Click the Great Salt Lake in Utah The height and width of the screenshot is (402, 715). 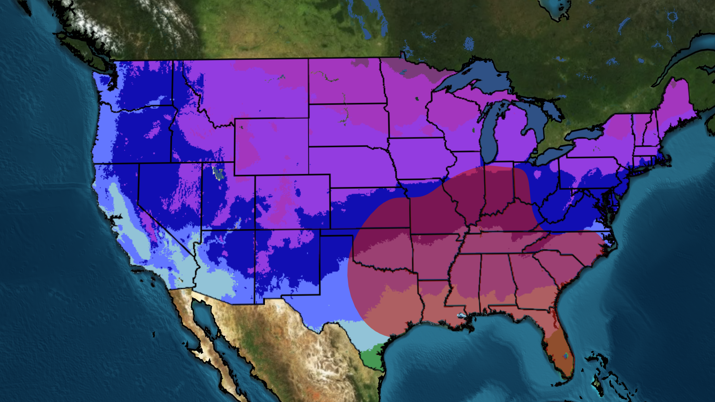pyautogui.click(x=218, y=173)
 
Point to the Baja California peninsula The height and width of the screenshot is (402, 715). pyautogui.click(x=194, y=335)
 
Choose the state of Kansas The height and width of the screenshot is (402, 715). pyautogui.click(x=369, y=208)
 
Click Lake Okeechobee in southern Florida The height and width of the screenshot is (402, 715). pyautogui.click(x=566, y=356)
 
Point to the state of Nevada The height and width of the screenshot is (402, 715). pyautogui.click(x=164, y=197)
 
